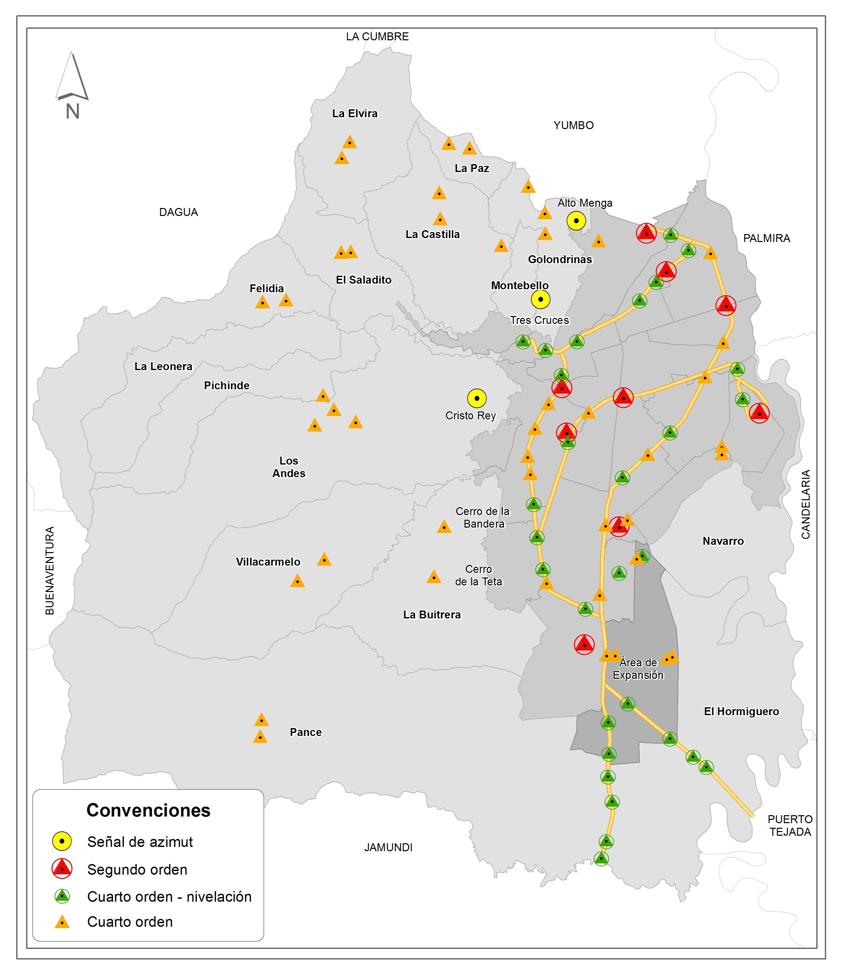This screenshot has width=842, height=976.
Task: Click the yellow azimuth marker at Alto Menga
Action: tap(576, 221)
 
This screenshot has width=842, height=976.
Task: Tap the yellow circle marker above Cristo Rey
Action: tap(476, 398)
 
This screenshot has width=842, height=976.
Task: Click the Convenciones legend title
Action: tap(148, 810)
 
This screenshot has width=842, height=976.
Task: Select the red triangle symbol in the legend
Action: tap(62, 868)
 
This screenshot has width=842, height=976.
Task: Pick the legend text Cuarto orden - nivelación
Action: tap(169, 896)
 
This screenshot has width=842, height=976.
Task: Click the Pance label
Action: tap(305, 732)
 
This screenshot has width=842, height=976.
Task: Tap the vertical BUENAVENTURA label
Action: tap(50, 571)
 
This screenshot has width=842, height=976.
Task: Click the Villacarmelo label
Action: tap(268, 562)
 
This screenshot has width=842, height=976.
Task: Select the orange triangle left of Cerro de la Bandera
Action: tap(443, 527)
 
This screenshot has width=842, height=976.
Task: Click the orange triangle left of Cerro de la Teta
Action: tap(434, 577)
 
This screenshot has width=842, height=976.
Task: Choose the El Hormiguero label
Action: tap(741, 711)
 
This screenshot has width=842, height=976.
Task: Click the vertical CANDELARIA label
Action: tap(806, 504)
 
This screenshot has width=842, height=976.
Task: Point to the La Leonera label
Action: tap(163, 366)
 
